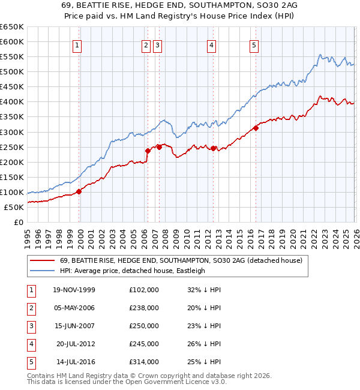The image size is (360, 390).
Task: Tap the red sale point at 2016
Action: coord(256,127)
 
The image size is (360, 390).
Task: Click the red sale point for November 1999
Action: coord(79,191)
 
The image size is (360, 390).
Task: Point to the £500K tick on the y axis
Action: coord(12,71)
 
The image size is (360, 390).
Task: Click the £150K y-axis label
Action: coord(12,177)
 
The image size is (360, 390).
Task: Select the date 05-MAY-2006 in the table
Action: coord(74,308)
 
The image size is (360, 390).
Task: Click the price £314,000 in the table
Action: coord(144,362)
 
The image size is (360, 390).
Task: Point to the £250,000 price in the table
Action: coord(144,326)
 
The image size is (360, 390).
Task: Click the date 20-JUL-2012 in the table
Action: coord(76,344)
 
